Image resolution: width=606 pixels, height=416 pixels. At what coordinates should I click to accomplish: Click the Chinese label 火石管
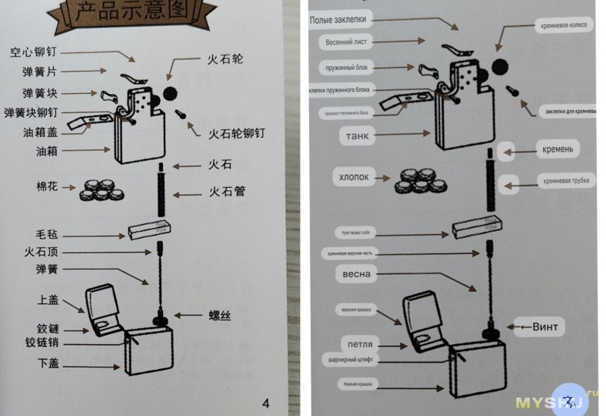pyautogui.click(x=226, y=191)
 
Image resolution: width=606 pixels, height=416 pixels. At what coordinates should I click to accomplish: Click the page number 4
pyautogui.click(x=265, y=402)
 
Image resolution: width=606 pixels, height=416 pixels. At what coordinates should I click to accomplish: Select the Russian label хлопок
pyautogui.click(x=355, y=177)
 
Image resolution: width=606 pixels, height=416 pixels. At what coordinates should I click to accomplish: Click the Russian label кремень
pyautogui.click(x=556, y=150)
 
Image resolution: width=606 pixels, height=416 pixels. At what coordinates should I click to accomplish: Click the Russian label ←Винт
pyautogui.click(x=538, y=327)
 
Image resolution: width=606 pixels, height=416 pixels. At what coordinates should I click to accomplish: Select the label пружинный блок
pyautogui.click(x=345, y=68)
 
